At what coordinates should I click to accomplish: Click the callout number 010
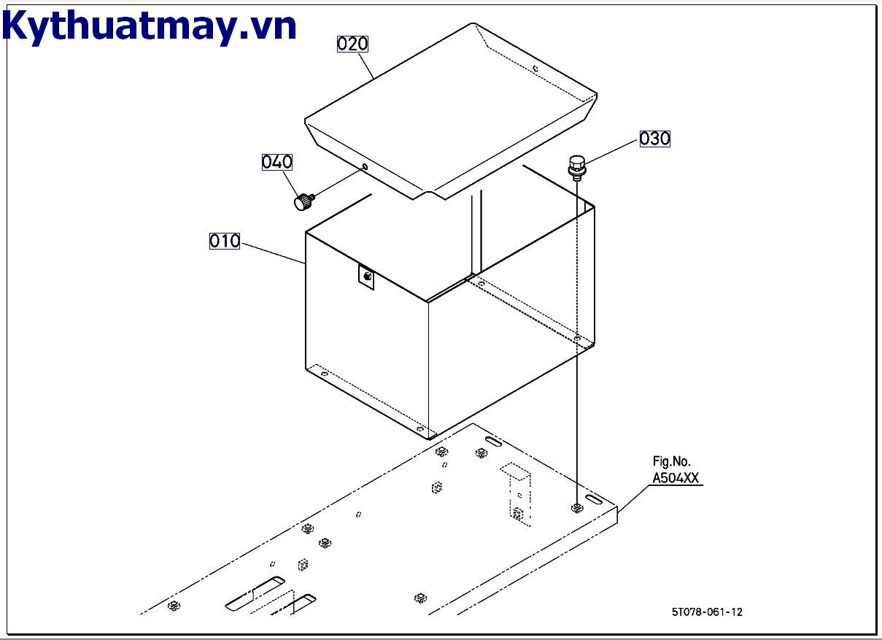225,241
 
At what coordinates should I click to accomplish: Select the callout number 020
352,44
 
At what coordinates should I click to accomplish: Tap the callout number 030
654,139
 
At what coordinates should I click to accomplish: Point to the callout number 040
277,162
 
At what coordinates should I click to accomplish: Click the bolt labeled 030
577,168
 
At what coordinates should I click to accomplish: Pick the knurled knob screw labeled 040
304,201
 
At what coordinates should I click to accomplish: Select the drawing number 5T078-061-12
707,612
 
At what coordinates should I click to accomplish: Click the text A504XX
676,478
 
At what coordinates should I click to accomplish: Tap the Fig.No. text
671,461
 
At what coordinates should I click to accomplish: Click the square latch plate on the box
366,277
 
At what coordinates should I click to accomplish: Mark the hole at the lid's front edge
365,167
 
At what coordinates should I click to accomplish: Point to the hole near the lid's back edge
535,69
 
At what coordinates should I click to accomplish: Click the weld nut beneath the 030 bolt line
577,508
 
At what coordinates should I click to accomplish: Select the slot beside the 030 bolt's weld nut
594,499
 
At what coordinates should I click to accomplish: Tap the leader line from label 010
273,253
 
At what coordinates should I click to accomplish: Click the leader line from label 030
612,151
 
